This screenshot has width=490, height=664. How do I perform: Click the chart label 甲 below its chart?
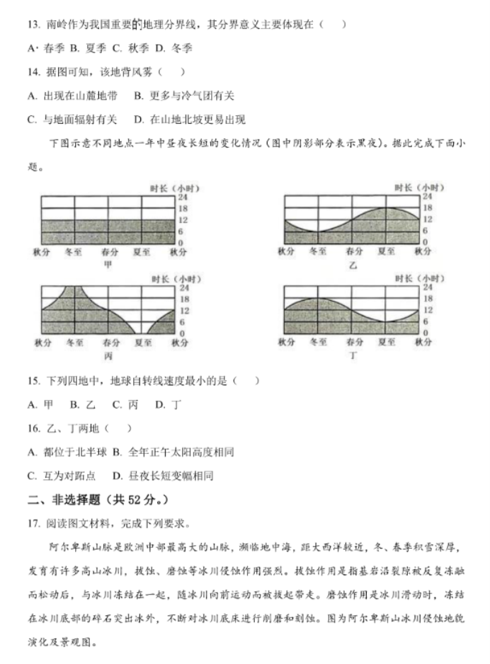point(108,264)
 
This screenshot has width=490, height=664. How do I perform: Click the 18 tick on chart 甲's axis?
point(183,208)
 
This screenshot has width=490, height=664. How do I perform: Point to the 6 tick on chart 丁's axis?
point(426,321)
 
